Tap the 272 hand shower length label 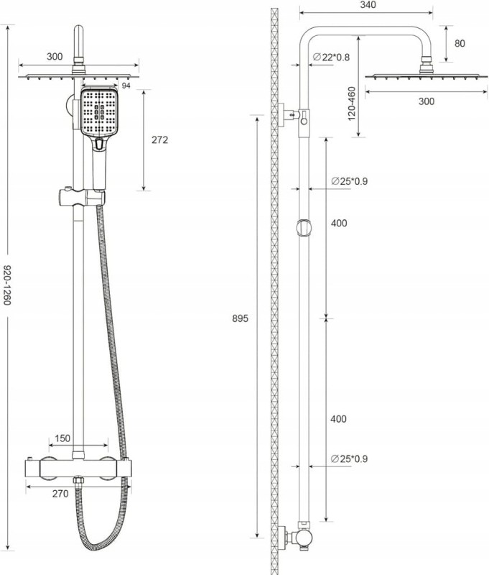coord(159,139)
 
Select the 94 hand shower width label coord(126,86)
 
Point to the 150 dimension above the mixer coord(62,438)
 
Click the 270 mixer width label coord(60,494)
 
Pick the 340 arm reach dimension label coord(368,5)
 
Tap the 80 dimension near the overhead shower coord(460,43)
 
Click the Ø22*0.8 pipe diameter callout coord(332,57)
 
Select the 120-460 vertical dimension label coord(352,103)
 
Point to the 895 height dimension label coord(241,318)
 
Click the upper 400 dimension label coord(339,223)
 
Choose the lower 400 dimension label coord(338,419)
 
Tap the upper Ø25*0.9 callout coord(349,181)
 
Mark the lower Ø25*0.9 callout coord(349,459)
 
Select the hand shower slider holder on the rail coord(82,197)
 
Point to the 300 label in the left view coord(55,57)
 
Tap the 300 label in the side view coord(427,101)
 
